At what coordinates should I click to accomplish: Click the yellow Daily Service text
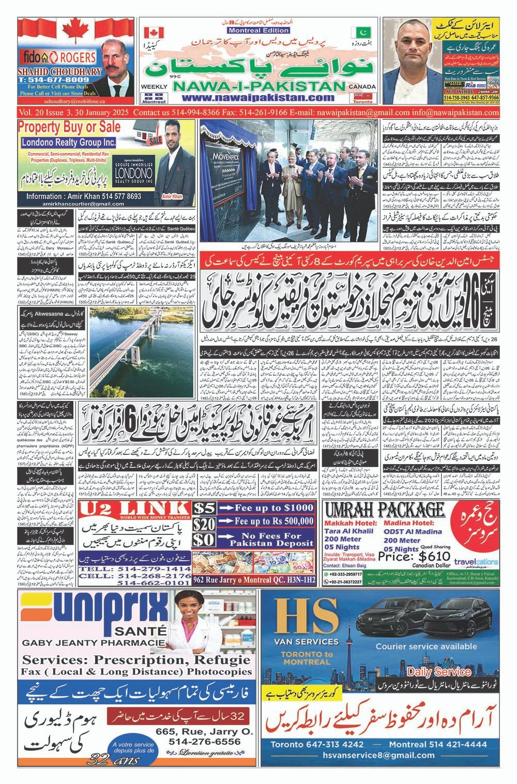coord(438,672)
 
